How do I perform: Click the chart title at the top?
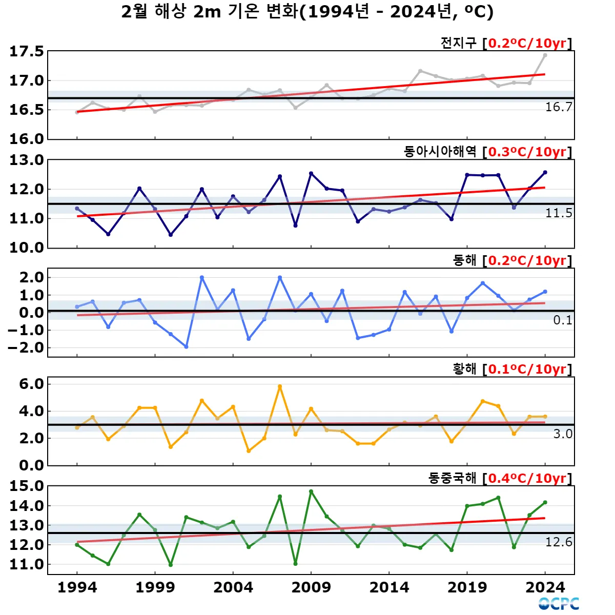click(307, 12)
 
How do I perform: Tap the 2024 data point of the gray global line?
click(545, 55)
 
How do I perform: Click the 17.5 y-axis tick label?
click(27, 52)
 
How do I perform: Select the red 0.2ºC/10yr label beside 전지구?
click(527, 43)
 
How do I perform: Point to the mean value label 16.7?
click(559, 107)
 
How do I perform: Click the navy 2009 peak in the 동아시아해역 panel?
click(311, 174)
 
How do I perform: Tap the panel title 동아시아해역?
click(440, 152)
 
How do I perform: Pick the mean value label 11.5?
click(559, 213)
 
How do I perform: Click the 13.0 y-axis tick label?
click(27, 160)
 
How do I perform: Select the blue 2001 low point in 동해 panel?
click(186, 347)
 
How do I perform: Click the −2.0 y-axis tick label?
click(27, 348)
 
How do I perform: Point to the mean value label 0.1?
click(563, 320)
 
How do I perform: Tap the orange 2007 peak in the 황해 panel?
click(280, 386)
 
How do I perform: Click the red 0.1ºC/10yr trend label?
click(527, 369)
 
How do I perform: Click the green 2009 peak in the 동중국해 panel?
click(311, 491)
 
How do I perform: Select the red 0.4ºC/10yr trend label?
click(527, 478)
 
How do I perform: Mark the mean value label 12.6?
click(559, 542)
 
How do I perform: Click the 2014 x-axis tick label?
click(389, 587)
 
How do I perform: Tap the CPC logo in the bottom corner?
click(559, 604)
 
